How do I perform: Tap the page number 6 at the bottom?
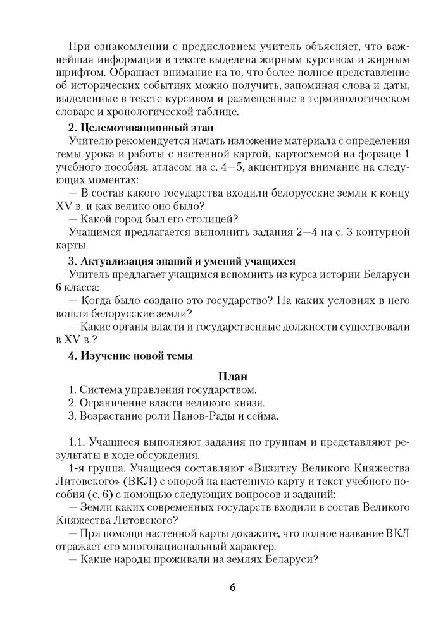point(232,588)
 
